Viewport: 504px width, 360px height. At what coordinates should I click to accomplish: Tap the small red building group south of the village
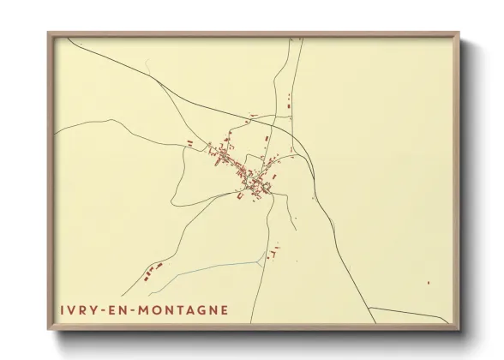point(273,253)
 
